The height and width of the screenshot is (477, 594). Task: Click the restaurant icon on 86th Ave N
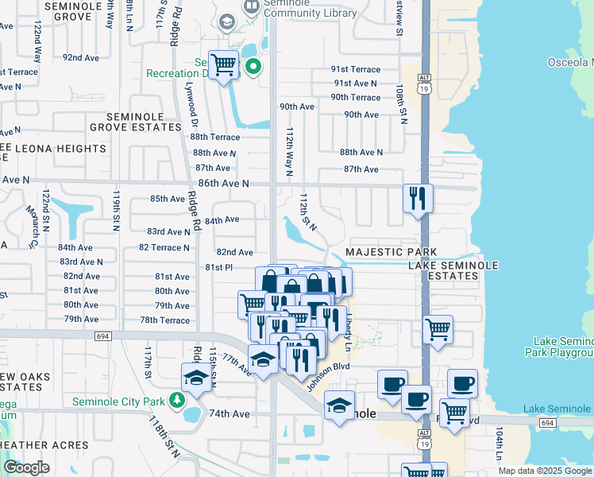pyautogui.click(x=418, y=199)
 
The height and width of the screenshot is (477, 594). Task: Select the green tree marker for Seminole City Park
pyautogui.click(x=181, y=400)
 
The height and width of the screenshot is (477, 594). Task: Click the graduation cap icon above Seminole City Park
pyautogui.click(x=196, y=378)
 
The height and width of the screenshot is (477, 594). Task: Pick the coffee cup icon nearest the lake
pyautogui.click(x=462, y=384)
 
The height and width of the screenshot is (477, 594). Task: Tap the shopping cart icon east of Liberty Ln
pyautogui.click(x=438, y=329)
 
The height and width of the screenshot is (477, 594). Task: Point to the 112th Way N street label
pyautogui.click(x=290, y=151)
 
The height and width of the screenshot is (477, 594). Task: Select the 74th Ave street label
pyautogui.click(x=229, y=414)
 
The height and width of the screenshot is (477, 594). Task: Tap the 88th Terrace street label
pyautogui.click(x=214, y=137)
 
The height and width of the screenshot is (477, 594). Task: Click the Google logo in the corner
pyautogui.click(x=26, y=467)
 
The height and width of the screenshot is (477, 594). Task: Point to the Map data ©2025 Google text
pyautogui.click(x=544, y=471)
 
